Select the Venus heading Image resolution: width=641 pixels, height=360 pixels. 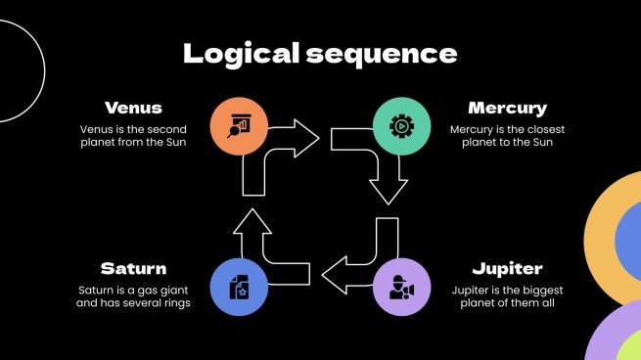[x=133, y=108]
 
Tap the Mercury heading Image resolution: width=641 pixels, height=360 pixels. [x=507, y=108]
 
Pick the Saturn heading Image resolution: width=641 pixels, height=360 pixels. [x=133, y=268]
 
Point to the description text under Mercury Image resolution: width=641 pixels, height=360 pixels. [x=507, y=137]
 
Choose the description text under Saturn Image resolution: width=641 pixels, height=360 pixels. [x=134, y=296]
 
